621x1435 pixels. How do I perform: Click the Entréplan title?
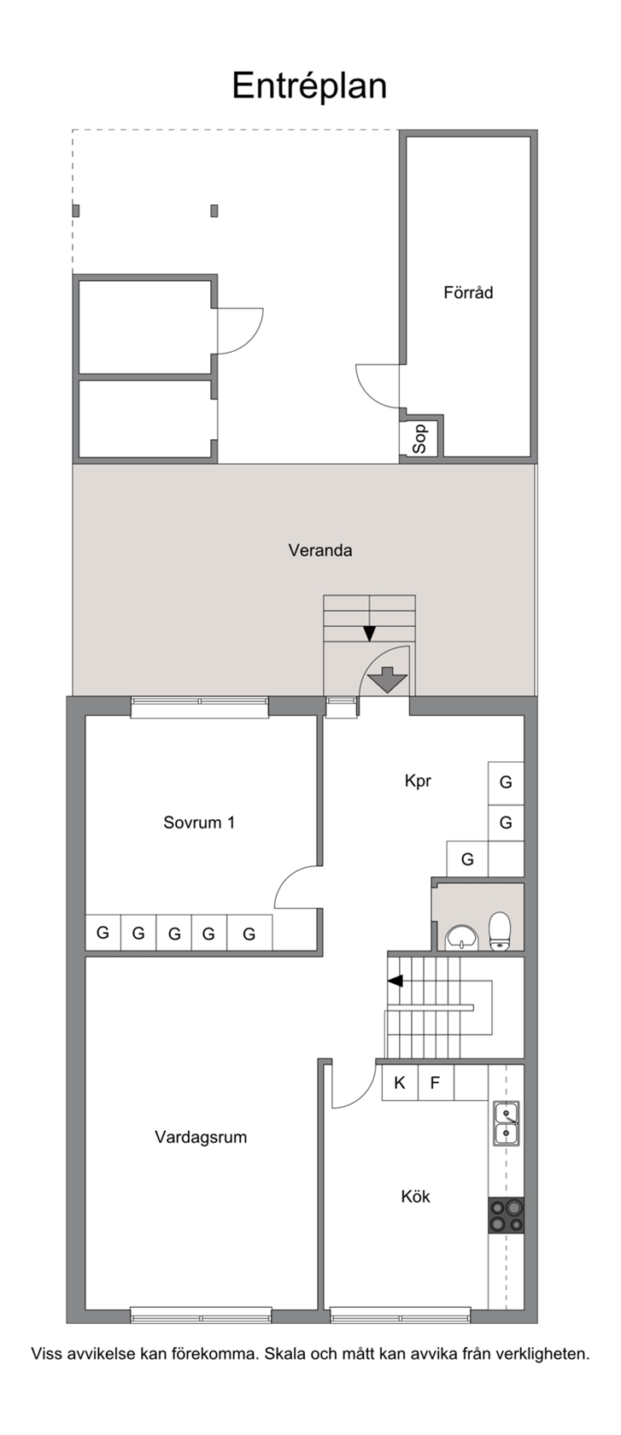coord(309,86)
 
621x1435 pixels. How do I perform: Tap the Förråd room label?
coord(468,293)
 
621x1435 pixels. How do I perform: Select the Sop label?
coord(419,439)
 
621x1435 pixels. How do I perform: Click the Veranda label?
coord(319,550)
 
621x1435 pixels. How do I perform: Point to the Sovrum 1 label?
coord(199,823)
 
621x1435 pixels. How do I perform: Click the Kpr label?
coord(418,782)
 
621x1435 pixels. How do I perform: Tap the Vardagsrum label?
coord(201,1137)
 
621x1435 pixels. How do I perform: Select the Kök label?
coord(415,1196)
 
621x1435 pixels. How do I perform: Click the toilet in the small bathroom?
coord(499,931)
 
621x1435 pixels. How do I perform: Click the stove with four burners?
coord(507,1215)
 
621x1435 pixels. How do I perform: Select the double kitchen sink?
coord(507,1124)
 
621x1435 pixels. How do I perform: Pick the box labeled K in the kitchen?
coord(400,1083)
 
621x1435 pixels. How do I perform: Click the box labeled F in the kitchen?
coord(435,1083)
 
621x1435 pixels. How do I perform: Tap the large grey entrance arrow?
coord(387,679)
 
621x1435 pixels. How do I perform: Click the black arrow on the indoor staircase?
coord(395,981)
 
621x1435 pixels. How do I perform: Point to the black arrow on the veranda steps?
coord(369,634)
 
